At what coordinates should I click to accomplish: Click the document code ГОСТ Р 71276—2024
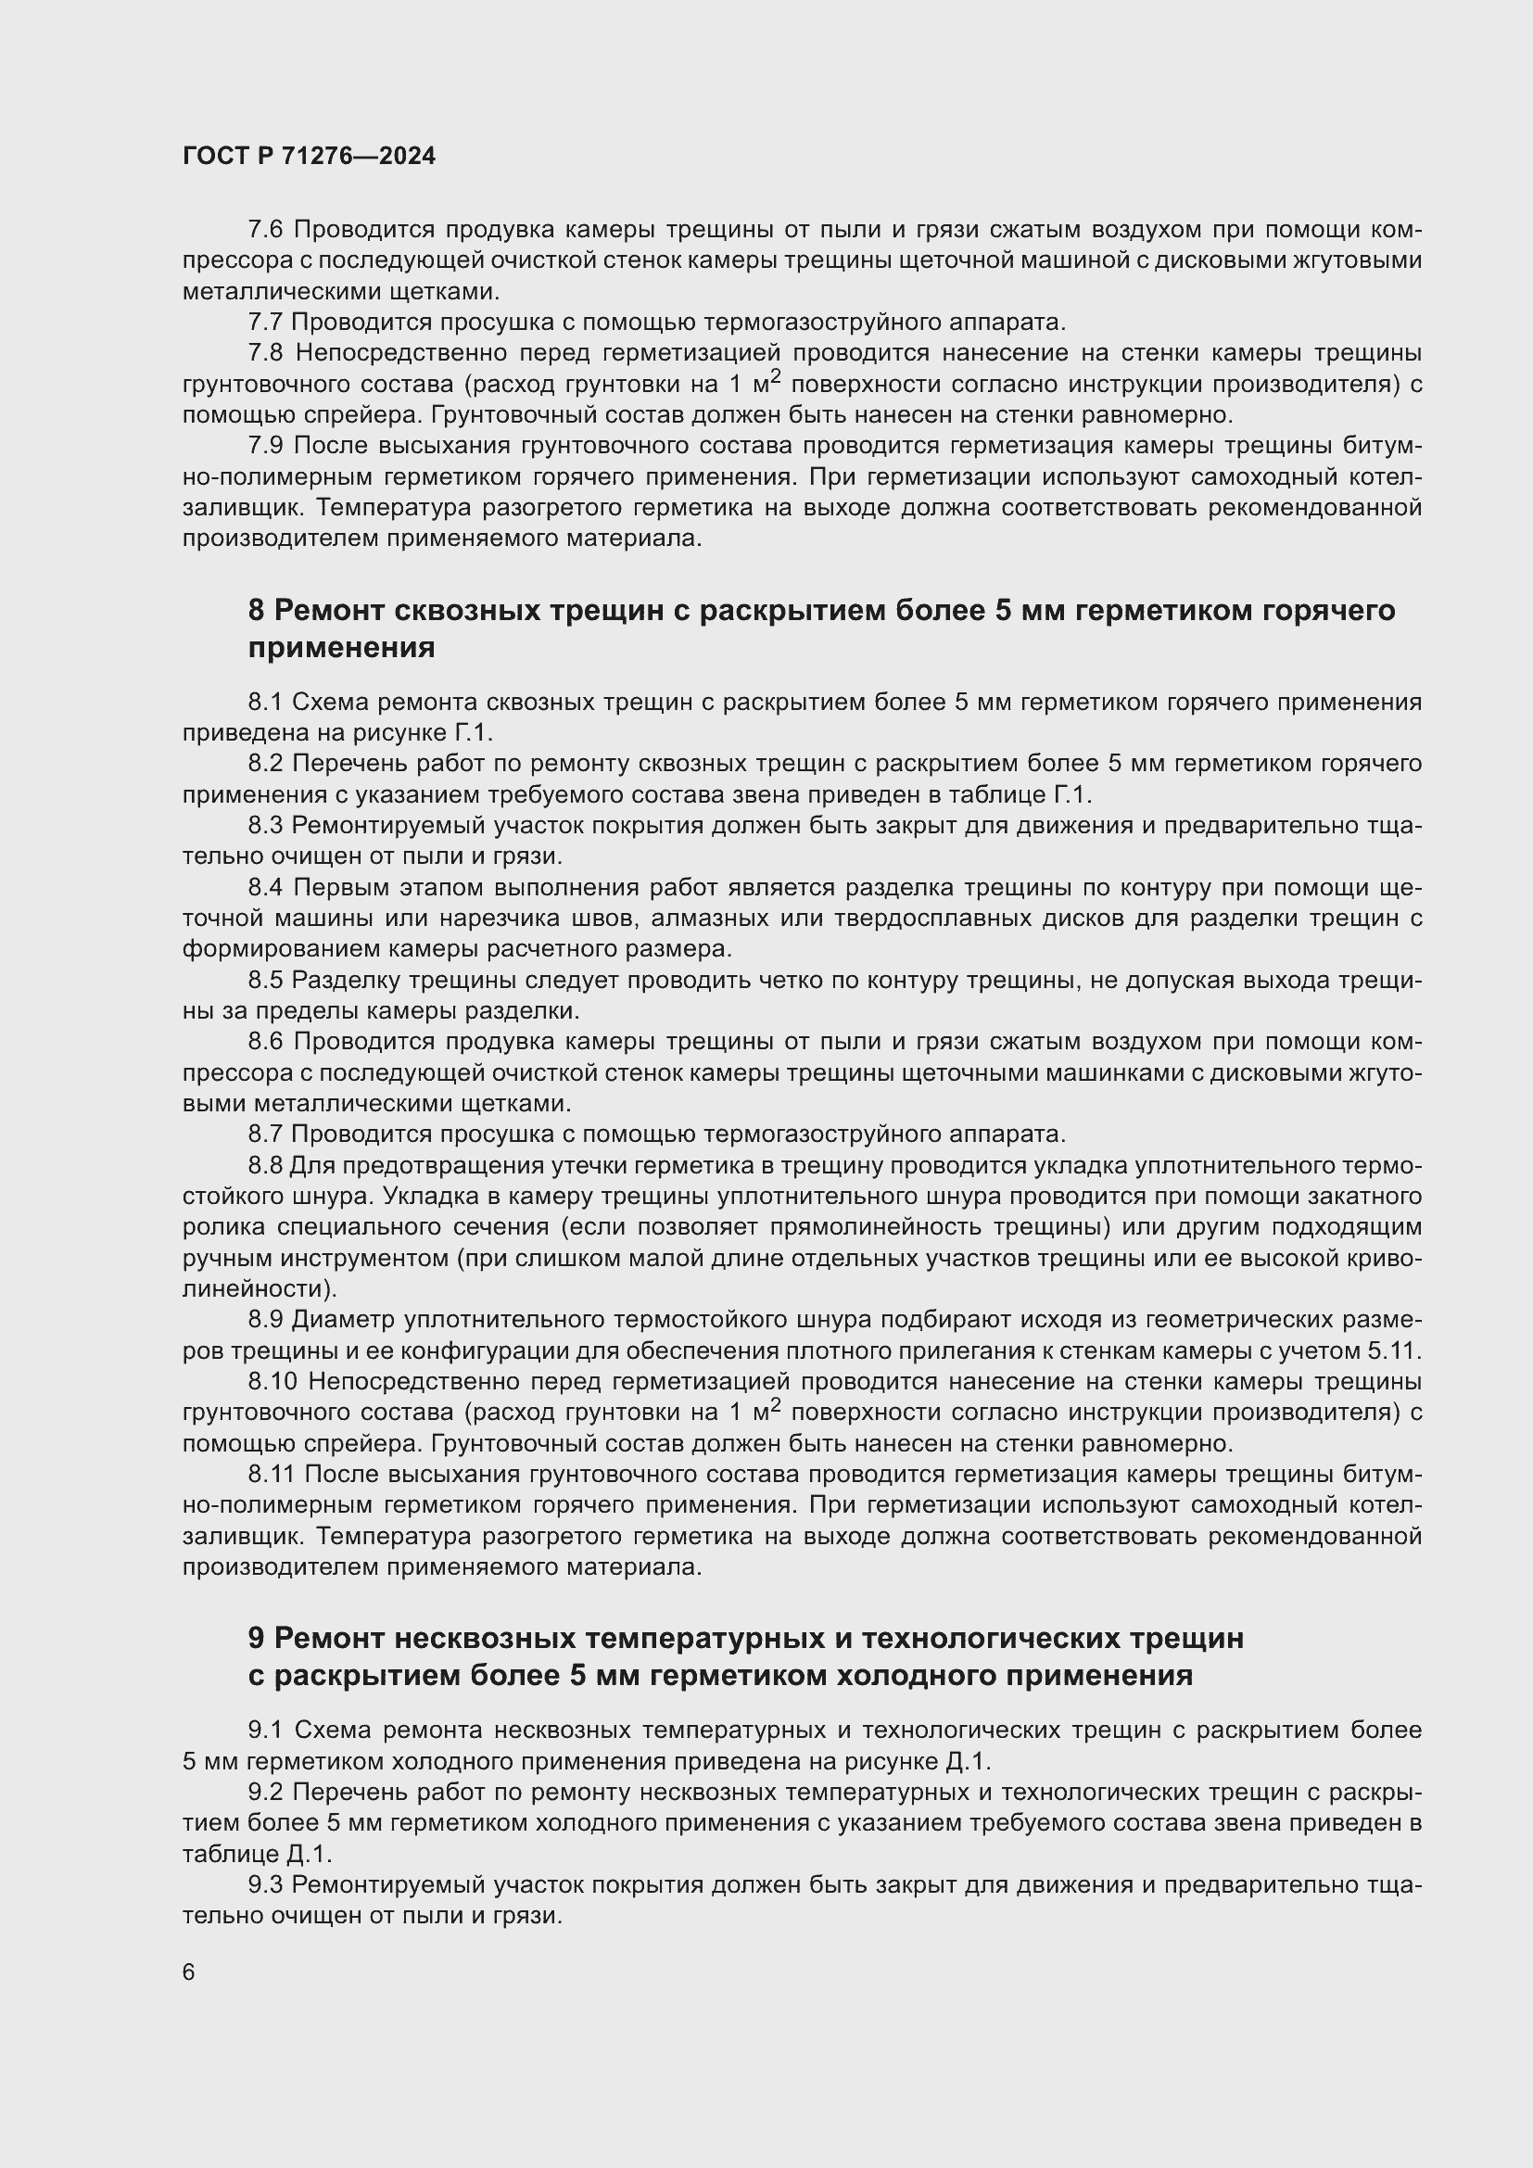click(309, 156)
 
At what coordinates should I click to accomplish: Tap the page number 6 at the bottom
click(189, 1972)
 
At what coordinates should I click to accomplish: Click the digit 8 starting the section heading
click(257, 611)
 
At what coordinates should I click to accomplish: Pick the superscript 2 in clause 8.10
click(776, 1406)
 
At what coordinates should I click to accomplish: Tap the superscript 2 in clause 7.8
click(776, 376)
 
